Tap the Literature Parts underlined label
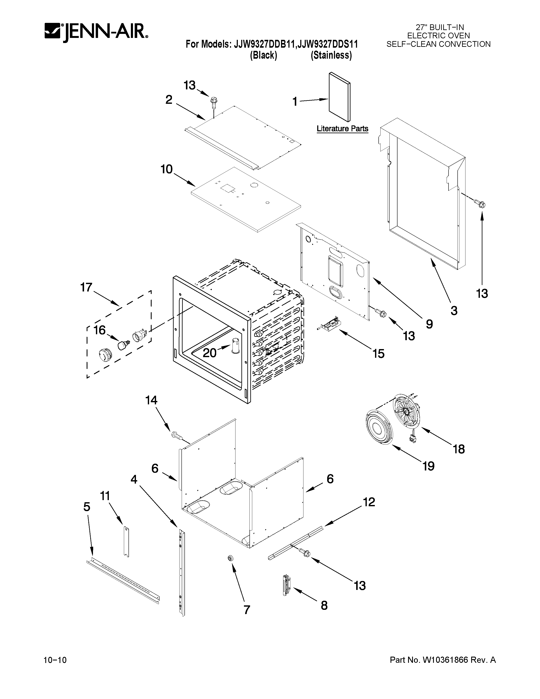[x=342, y=129]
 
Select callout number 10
[x=166, y=169]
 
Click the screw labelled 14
[x=176, y=435]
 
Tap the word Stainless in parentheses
[x=331, y=55]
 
